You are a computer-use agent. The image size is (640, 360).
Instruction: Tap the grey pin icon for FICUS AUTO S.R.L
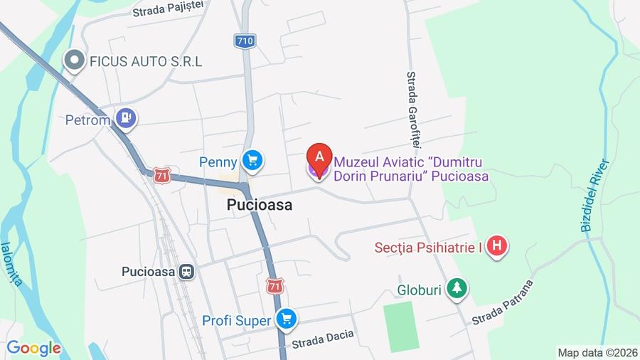(73, 61)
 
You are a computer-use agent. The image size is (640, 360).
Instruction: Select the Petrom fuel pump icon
(127, 118)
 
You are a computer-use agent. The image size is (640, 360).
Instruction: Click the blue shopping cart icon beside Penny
(251, 160)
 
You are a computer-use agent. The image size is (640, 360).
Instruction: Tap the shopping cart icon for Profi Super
(286, 319)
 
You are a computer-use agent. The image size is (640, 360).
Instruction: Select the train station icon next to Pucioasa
(186, 271)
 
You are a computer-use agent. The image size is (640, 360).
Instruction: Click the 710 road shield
(244, 41)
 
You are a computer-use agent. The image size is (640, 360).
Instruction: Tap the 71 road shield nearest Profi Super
(275, 286)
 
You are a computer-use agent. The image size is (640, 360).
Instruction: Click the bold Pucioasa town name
(260, 204)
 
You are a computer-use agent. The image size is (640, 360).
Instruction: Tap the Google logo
(33, 348)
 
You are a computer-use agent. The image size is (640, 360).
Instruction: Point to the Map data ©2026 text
(597, 352)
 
